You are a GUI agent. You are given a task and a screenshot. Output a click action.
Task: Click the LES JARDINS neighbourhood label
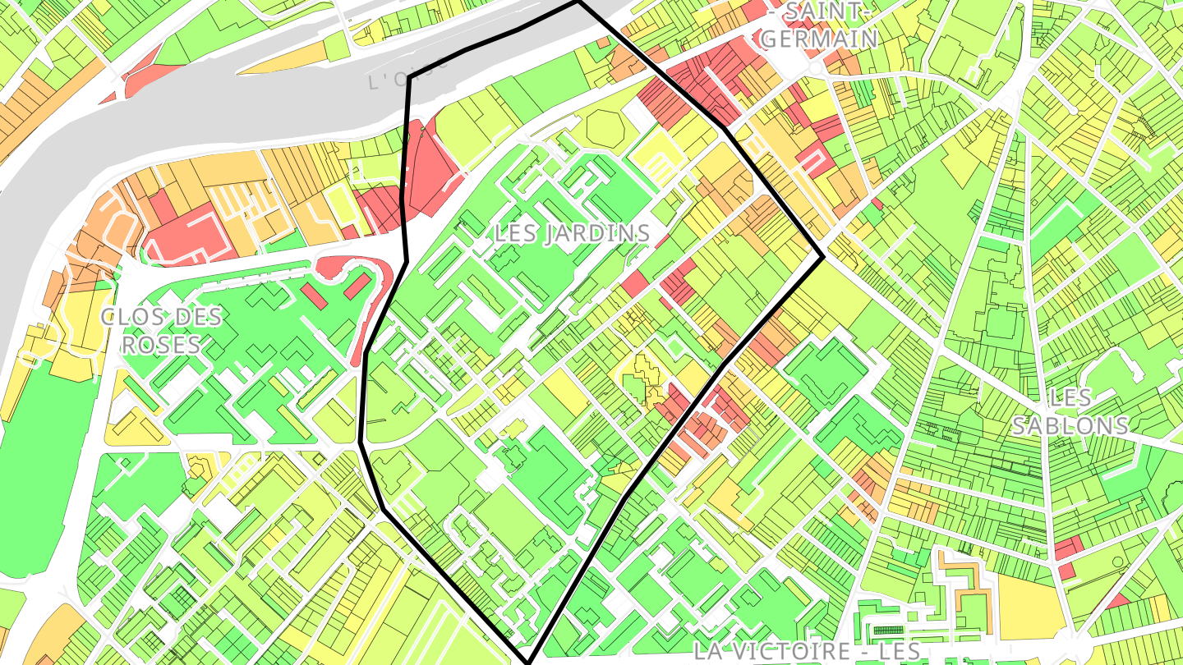572,233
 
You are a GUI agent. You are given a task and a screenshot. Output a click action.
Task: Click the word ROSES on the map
161,344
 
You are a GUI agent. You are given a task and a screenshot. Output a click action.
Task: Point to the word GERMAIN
819,38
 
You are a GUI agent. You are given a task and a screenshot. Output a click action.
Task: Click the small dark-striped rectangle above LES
886,631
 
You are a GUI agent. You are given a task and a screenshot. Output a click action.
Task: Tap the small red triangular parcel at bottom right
1118,601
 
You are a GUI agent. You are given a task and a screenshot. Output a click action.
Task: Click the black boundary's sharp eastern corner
822,258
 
